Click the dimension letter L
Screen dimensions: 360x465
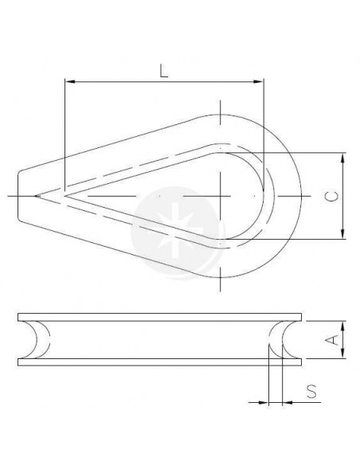[164, 72]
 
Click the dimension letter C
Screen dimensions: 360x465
[332, 197]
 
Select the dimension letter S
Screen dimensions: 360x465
[311, 392]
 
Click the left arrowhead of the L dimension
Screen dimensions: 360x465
[69, 81]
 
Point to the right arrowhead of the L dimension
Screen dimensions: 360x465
[259, 81]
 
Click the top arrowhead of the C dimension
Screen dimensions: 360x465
[343, 158]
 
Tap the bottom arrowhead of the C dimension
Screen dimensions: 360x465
[343, 234]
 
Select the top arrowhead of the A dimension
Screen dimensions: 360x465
[343, 326]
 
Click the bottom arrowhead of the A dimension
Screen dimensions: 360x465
[343, 354]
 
